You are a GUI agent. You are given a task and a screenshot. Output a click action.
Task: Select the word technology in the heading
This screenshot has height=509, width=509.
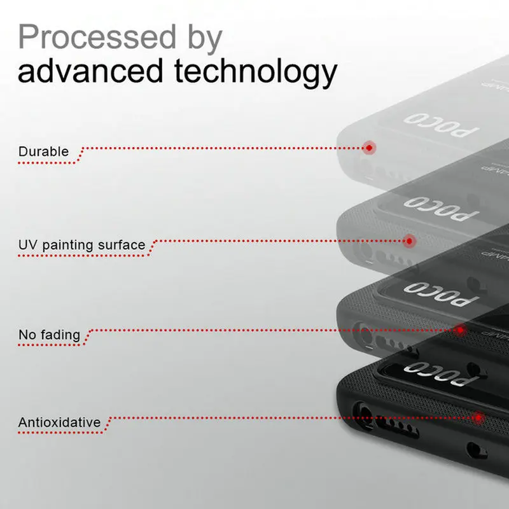tap(255, 73)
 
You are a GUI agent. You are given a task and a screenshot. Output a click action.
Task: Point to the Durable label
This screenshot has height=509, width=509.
tap(43, 151)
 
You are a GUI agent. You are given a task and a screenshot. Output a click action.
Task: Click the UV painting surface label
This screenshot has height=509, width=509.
tap(81, 245)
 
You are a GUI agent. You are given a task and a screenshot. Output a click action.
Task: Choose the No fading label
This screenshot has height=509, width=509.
tap(49, 335)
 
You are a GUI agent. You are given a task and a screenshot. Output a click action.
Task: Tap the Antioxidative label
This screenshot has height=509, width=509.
tap(59, 422)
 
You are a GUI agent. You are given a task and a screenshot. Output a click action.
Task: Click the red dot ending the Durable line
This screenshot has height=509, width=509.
tap(368, 148)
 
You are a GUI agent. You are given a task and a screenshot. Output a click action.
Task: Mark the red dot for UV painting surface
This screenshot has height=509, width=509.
tap(410, 241)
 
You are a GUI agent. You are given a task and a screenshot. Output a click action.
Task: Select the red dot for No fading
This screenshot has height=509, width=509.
tap(460, 330)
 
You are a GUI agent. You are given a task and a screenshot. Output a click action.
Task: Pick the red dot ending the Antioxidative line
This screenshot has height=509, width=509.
tap(477, 417)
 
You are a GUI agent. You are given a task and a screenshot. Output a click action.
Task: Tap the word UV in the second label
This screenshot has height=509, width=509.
tap(26, 245)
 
